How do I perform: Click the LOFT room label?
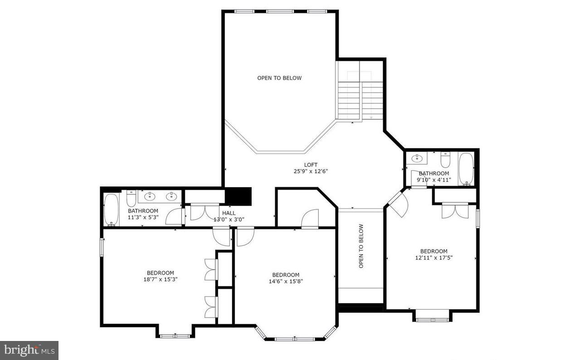[x=311, y=165]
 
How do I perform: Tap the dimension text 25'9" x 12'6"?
[x=311, y=171]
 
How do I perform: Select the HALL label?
[x=229, y=213]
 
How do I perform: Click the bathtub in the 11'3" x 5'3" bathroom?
[x=111, y=209]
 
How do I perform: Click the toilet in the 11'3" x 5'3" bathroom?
[x=131, y=199]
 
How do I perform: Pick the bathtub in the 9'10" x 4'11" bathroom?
[x=466, y=169]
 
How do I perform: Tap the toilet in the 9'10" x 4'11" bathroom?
[x=446, y=160]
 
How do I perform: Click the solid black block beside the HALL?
[x=239, y=196]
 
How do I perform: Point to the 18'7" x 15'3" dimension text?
[x=160, y=279]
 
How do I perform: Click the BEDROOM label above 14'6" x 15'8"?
[x=286, y=275]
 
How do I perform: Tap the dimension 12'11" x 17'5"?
[x=434, y=258]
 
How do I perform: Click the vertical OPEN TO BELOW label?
[x=361, y=246]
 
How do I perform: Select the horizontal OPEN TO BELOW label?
[x=279, y=78]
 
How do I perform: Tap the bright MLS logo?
[x=29, y=350]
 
